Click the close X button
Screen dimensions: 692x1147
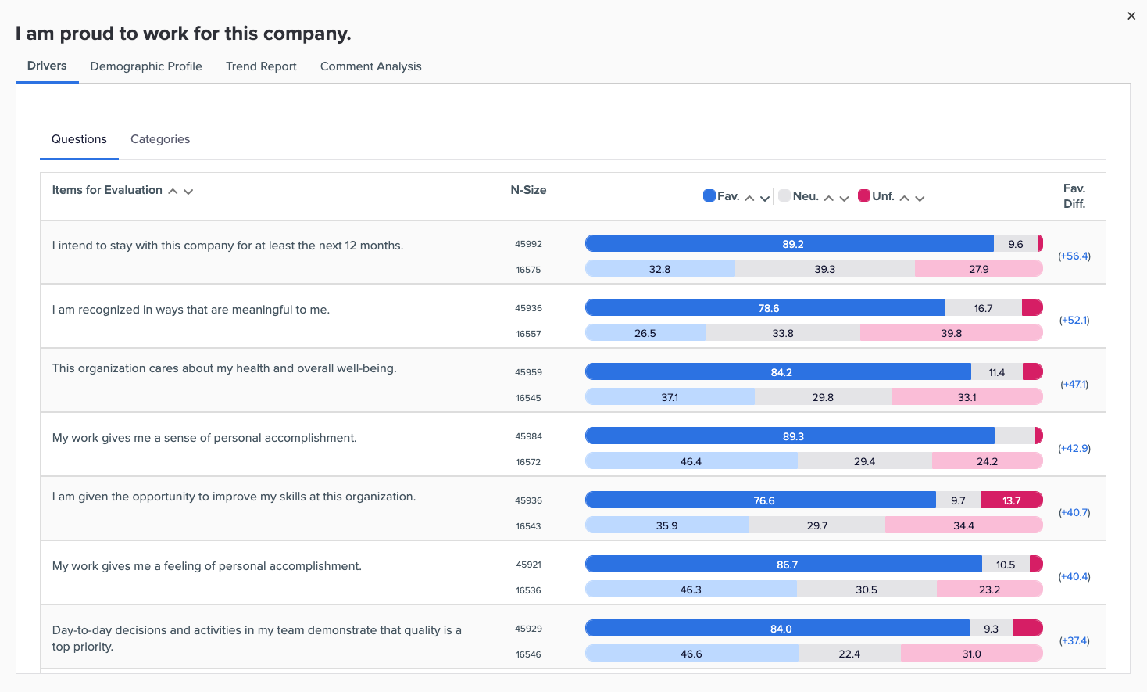click(1131, 16)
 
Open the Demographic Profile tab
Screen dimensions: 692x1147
click(146, 66)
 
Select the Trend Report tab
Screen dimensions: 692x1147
click(261, 66)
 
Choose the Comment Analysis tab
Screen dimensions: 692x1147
click(370, 66)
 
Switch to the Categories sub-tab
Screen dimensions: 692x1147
click(160, 139)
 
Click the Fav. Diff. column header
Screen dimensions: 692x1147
click(1074, 196)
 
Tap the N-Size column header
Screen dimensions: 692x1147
click(528, 190)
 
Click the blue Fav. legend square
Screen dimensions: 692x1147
click(709, 195)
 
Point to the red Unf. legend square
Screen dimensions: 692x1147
click(864, 195)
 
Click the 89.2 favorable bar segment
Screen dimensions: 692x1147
click(789, 244)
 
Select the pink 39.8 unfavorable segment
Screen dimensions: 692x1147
click(951, 333)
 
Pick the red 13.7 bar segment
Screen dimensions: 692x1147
click(1011, 500)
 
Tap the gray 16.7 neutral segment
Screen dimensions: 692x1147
click(983, 308)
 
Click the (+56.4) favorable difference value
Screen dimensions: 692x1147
click(1074, 256)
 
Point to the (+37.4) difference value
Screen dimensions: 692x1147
click(1074, 641)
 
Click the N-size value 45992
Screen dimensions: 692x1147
click(528, 244)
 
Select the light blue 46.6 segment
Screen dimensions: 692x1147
click(691, 654)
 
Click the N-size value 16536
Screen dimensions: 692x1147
click(528, 590)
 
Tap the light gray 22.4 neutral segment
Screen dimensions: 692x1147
click(849, 654)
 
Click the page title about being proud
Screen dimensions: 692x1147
click(184, 34)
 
